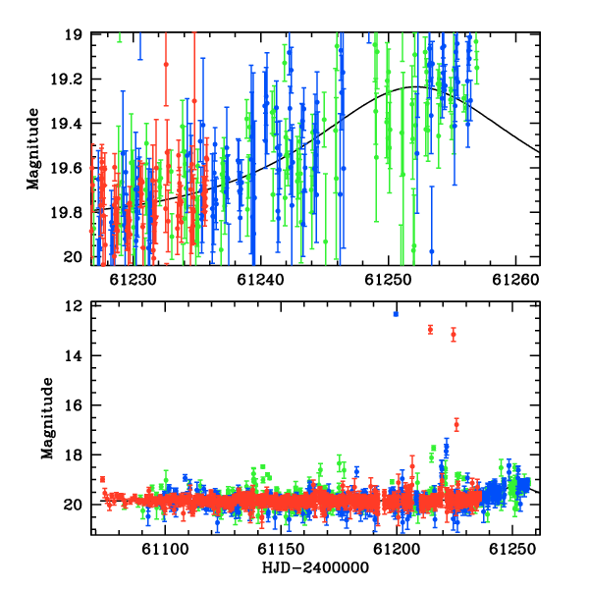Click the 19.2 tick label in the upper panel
pos(66,80)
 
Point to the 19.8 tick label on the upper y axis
pos(66,213)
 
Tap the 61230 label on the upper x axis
pos(133,280)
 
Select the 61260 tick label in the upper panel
pos(516,280)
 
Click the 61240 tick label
pos(261,280)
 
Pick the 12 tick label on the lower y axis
pos(73,305)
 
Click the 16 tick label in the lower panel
pos(73,404)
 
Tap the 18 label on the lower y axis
pos(73,455)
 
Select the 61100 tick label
pos(165,549)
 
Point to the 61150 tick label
pos(281,549)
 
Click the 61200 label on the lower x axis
pos(397,549)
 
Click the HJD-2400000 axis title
pos(315,567)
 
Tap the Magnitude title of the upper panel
pos(33,149)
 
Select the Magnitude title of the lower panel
pos(47,418)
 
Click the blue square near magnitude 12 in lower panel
pos(396,314)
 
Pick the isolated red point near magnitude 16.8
pos(456,425)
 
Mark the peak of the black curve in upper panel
pos(416,86)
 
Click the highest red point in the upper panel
pos(166,65)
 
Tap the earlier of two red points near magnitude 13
pos(431,330)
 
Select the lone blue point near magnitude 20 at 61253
pos(432,251)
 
